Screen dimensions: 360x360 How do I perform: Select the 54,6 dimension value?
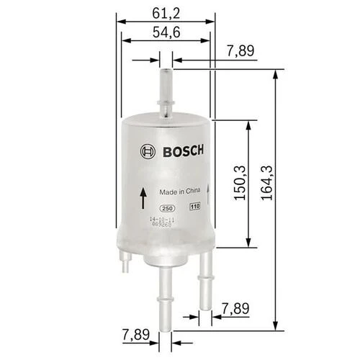coord(166,32)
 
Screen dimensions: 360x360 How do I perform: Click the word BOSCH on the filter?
coord(181,151)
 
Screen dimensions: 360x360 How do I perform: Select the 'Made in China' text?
coord(179,192)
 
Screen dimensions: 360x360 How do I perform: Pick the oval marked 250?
coord(167,207)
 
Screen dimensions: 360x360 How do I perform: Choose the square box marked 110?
coord(193,207)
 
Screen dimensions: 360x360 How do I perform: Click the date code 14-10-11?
coord(162,218)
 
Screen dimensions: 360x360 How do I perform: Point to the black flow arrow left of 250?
coord(143,195)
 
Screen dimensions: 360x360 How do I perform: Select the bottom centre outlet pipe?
coord(166,288)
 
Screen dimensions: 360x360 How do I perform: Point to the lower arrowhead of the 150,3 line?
coord(249,243)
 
